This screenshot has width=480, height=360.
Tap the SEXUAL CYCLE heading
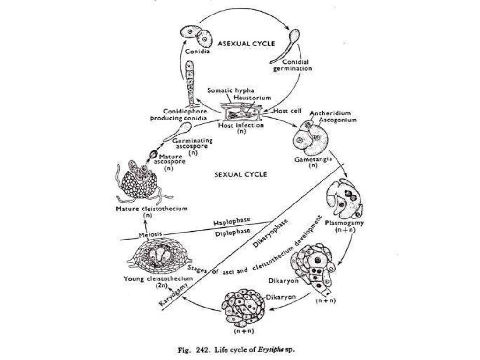coord(240,174)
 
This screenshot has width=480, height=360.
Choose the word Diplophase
coord(232,231)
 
